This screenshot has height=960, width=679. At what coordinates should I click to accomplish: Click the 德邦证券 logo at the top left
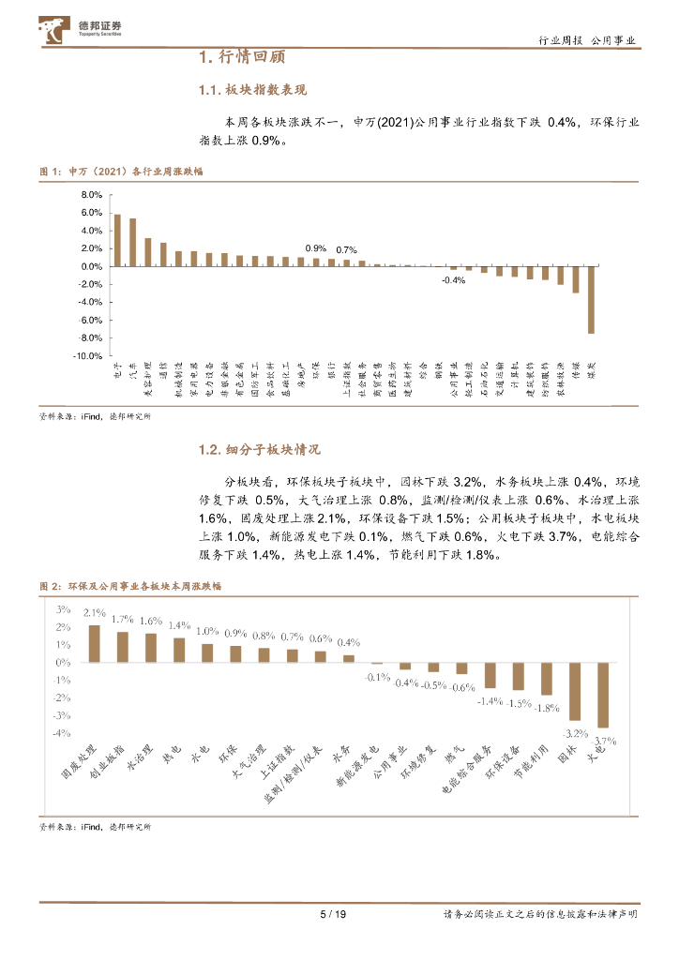click(80, 31)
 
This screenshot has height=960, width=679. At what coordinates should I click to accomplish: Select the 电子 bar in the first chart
click(117, 241)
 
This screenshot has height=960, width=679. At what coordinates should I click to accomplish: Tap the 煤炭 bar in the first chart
click(591, 300)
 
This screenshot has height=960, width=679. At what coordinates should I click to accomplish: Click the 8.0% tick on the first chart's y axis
click(91, 195)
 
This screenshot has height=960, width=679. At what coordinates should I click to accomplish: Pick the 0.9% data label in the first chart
click(316, 247)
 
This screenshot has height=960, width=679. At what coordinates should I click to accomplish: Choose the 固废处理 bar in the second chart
click(94, 643)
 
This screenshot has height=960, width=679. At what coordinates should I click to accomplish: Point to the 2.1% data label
click(94, 613)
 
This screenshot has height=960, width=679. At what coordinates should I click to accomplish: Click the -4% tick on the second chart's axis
click(63, 734)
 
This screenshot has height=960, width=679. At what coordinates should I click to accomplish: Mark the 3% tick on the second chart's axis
click(65, 608)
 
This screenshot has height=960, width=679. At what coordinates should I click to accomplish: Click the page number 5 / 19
click(334, 914)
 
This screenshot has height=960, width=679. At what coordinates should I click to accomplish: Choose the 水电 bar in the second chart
click(207, 652)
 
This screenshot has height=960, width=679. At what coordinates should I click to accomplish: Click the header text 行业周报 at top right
click(561, 40)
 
